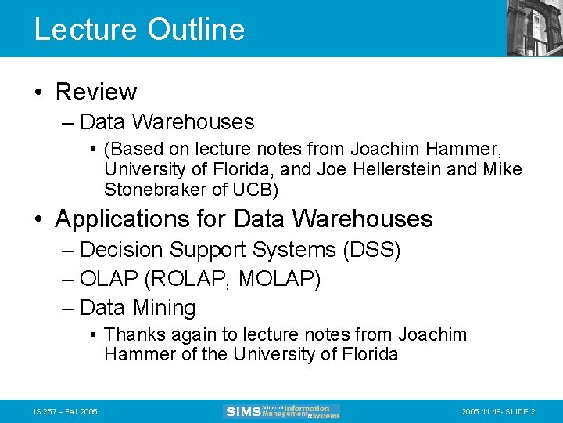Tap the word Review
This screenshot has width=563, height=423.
(96, 92)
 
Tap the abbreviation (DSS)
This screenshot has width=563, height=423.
(371, 251)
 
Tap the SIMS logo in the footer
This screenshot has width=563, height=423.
(282, 411)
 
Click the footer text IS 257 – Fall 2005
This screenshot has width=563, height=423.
(66, 412)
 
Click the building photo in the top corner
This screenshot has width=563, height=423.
(534, 27)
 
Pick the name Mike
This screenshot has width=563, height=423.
(504, 169)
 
